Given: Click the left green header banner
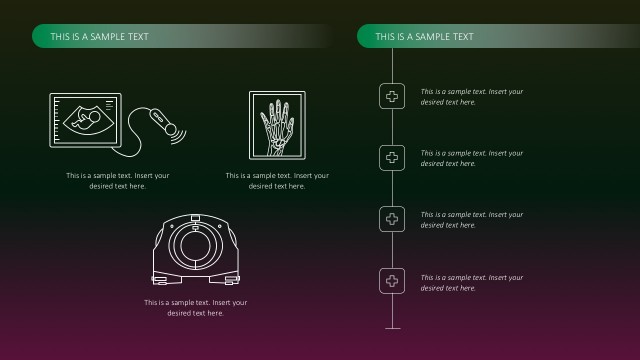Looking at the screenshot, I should (x=180, y=37).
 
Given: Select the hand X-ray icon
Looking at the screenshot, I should (x=277, y=125).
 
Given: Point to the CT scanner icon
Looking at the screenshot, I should (x=196, y=246).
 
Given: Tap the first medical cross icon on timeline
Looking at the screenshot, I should (x=392, y=96).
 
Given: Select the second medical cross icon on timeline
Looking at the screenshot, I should (x=392, y=157).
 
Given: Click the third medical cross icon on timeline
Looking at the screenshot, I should (x=392, y=219).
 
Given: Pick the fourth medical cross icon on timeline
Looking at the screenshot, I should (x=392, y=281).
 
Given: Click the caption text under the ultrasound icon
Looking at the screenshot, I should (x=118, y=181).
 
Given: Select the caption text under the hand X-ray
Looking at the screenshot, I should (x=277, y=181).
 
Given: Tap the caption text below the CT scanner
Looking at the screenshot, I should (x=196, y=308).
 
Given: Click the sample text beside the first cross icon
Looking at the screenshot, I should (x=471, y=97).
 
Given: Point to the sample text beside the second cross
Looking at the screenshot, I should (x=471, y=158).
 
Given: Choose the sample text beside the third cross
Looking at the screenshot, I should (x=471, y=220).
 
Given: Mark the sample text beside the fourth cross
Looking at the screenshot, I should (x=471, y=282).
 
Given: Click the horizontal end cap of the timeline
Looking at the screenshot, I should (x=392, y=327).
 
